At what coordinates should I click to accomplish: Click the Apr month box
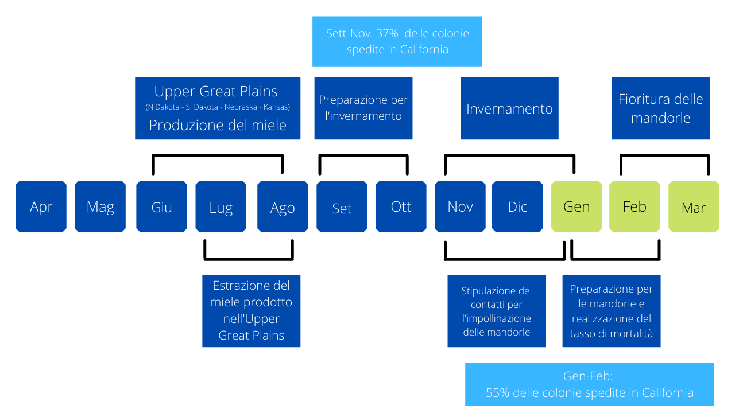(x=41, y=206)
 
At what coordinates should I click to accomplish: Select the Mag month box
(x=100, y=206)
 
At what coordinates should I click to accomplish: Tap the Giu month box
(x=162, y=206)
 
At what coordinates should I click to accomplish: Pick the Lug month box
(x=221, y=206)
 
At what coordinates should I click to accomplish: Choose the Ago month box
(x=283, y=206)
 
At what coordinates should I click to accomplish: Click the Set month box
(x=342, y=206)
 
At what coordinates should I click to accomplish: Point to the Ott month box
(x=401, y=206)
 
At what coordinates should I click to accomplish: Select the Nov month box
(x=460, y=206)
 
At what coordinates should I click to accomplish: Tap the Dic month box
(x=517, y=206)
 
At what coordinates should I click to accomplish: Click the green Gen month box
(x=577, y=206)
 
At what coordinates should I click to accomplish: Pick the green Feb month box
(x=635, y=206)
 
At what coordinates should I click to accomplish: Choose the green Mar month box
(x=694, y=206)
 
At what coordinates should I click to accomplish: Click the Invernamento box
(x=509, y=108)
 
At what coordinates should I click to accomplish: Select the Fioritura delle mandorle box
(x=660, y=108)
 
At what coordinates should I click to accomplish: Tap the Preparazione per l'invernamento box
(x=363, y=108)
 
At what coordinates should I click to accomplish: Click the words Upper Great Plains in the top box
(x=216, y=91)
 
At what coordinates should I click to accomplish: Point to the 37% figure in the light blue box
(x=387, y=33)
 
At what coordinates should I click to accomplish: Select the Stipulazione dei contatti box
(x=497, y=311)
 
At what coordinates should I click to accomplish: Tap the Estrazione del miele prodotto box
(x=252, y=311)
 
